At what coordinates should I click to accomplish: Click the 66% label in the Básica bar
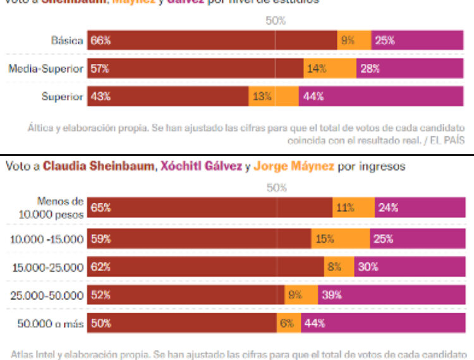click(100, 40)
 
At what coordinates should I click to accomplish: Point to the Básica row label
click(68, 40)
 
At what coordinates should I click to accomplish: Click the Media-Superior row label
click(46, 69)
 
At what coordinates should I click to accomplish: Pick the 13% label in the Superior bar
click(262, 97)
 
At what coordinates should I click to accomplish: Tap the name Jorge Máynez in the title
click(287, 167)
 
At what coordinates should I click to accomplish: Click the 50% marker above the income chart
click(276, 188)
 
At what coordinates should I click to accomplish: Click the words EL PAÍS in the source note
click(446, 140)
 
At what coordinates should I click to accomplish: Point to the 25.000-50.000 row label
click(47, 295)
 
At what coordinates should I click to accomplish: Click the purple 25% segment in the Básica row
click(418, 40)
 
